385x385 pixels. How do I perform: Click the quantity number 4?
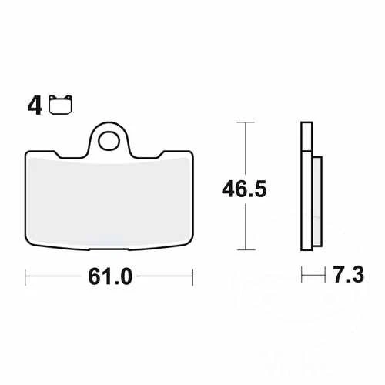point(34,106)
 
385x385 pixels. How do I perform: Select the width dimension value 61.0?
point(110,274)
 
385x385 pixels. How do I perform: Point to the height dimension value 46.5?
point(245,189)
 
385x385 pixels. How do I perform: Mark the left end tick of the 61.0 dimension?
point(26,274)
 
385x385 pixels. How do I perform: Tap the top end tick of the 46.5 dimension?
point(245,122)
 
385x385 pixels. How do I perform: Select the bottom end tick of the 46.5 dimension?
point(245,250)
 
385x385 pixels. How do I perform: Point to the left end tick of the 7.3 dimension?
point(302,274)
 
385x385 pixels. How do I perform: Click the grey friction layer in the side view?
point(316,198)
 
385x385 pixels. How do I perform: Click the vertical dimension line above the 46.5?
point(245,150)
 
